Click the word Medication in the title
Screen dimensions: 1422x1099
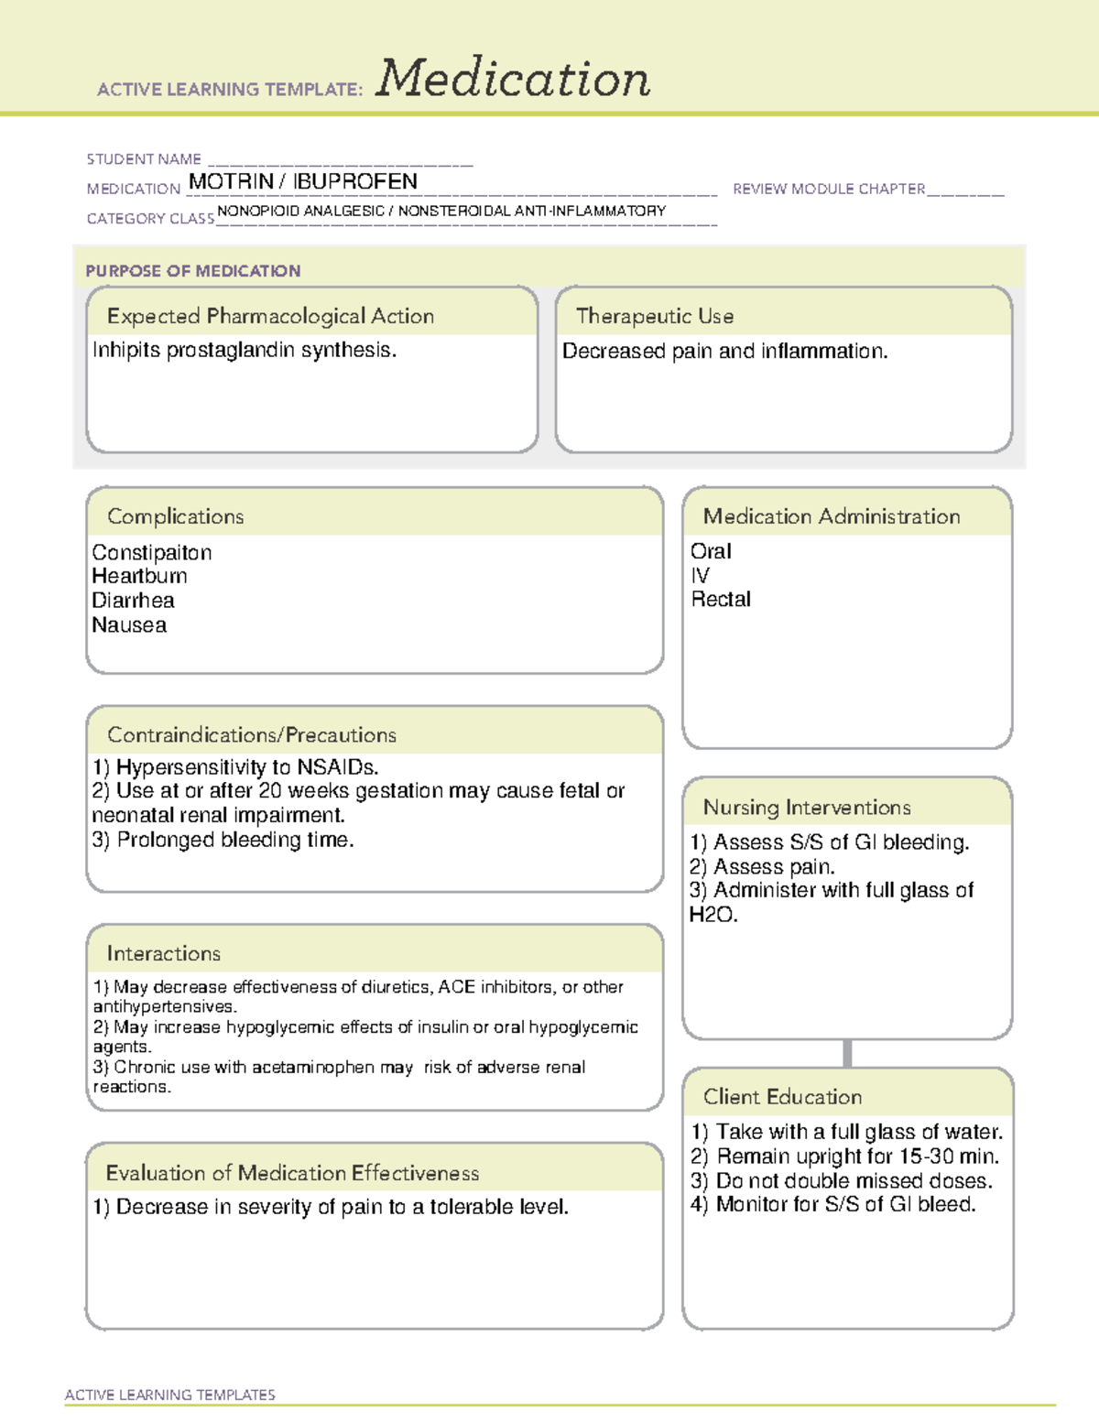click(x=513, y=79)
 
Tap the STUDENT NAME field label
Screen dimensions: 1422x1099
click(x=144, y=159)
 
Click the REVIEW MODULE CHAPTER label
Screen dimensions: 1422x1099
click(x=829, y=189)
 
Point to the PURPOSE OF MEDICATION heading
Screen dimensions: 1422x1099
click(x=193, y=271)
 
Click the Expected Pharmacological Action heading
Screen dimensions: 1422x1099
click(x=270, y=316)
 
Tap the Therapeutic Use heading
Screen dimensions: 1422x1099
click(x=655, y=316)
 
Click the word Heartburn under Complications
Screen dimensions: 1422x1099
click(x=139, y=576)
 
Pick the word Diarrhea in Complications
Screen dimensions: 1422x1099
click(x=133, y=601)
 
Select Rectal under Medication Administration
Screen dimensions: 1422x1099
click(x=721, y=600)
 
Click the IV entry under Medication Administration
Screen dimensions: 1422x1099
click(x=700, y=576)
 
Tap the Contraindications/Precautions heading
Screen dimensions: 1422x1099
click(x=252, y=734)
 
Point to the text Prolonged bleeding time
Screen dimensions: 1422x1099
click(x=234, y=840)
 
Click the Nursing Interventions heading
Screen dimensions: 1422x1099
click(x=807, y=807)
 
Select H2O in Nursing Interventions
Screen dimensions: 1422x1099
click(x=713, y=915)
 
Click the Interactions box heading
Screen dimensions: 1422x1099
click(x=163, y=953)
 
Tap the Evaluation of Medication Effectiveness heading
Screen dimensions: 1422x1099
click(x=292, y=1173)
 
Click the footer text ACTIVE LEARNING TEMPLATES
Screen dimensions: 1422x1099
click(x=170, y=1395)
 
